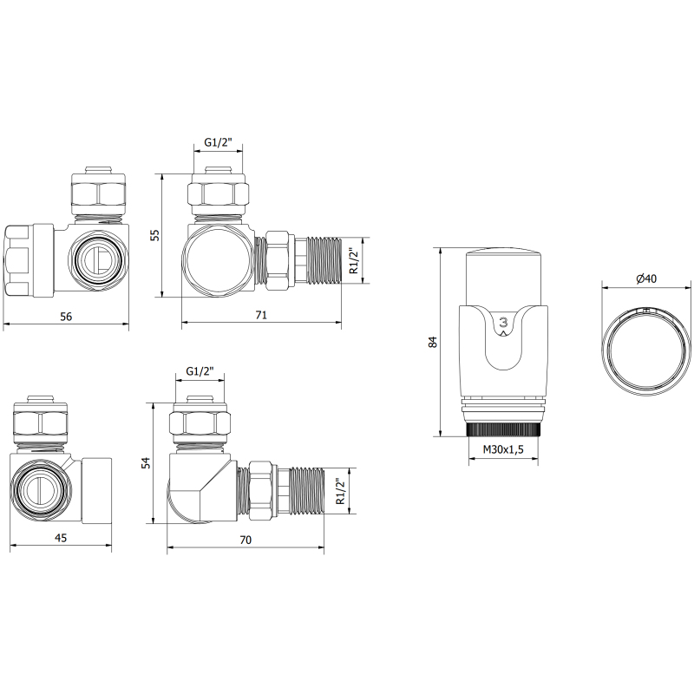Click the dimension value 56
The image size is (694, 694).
tap(66, 317)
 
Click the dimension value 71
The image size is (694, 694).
tap(260, 317)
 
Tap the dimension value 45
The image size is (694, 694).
tap(61, 539)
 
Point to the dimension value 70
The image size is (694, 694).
tap(246, 540)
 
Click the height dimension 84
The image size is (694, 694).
tap(434, 342)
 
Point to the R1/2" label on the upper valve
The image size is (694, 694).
tap(353, 260)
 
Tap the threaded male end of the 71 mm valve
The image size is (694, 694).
tap(324, 259)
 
